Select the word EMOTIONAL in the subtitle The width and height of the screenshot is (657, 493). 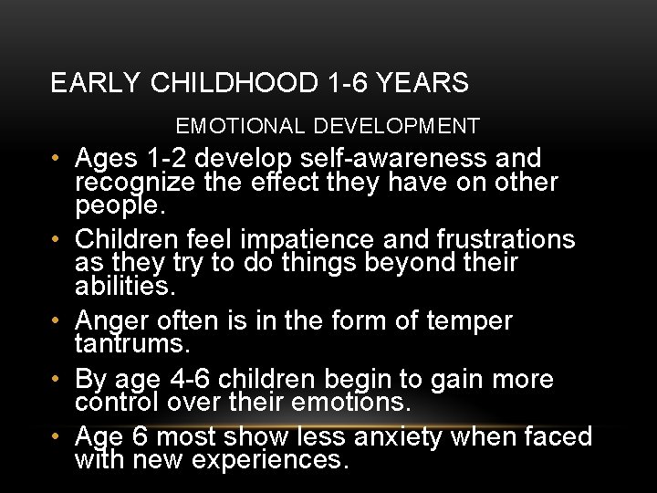[x=231, y=126]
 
